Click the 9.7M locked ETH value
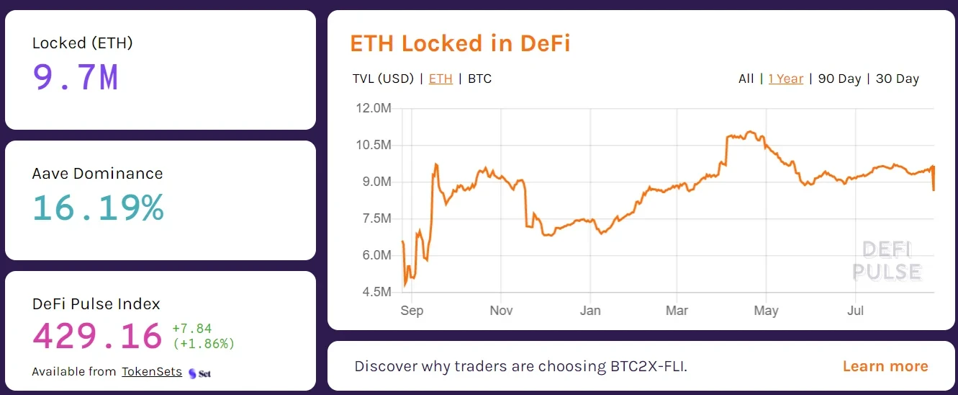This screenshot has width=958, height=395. point(76,77)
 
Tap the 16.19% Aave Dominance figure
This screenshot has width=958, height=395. point(98,208)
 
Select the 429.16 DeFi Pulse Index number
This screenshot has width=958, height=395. point(97,336)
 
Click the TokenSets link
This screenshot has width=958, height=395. point(151,372)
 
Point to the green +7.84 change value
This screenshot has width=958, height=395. point(192,329)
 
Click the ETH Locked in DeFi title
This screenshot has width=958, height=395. point(460,43)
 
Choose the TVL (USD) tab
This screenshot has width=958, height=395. point(383,79)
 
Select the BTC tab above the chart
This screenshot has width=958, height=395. point(479,79)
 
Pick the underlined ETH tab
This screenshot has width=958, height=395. point(440,79)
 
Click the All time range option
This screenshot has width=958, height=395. point(746,79)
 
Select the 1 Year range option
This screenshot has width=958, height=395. point(785,79)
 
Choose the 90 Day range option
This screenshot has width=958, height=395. point(839,79)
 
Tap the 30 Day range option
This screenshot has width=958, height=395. point(897,79)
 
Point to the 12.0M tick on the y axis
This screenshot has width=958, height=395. point(374,108)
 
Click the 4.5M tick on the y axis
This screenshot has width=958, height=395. point(375,292)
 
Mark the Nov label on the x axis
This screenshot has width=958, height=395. point(501,311)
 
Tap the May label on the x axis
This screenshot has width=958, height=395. point(766,311)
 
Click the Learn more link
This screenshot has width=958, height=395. point(885,366)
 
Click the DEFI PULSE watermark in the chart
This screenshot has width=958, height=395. point(887,261)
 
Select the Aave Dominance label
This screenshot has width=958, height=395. point(97,174)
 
